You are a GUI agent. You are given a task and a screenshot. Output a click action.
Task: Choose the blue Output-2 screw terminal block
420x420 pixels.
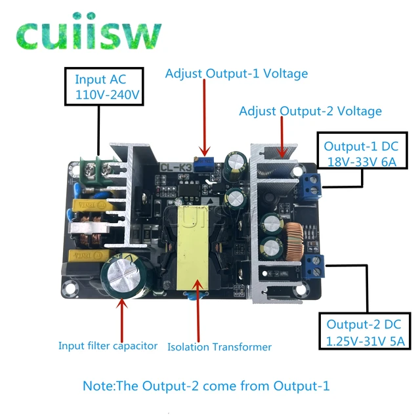(315, 266)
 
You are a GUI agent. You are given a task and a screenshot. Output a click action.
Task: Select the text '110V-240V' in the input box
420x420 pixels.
(108, 94)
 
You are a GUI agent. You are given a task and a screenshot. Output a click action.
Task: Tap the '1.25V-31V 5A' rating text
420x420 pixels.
(365, 341)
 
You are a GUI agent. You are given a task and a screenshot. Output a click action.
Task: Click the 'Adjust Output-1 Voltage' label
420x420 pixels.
(236, 73)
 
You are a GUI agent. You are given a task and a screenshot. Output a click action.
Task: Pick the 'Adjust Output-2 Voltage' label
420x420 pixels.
(310, 111)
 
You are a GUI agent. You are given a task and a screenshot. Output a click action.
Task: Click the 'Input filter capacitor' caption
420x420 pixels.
(108, 345)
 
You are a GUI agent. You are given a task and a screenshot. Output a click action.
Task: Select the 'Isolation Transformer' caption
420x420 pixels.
(219, 346)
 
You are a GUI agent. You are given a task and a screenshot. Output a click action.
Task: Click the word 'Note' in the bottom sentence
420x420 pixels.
(96, 386)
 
